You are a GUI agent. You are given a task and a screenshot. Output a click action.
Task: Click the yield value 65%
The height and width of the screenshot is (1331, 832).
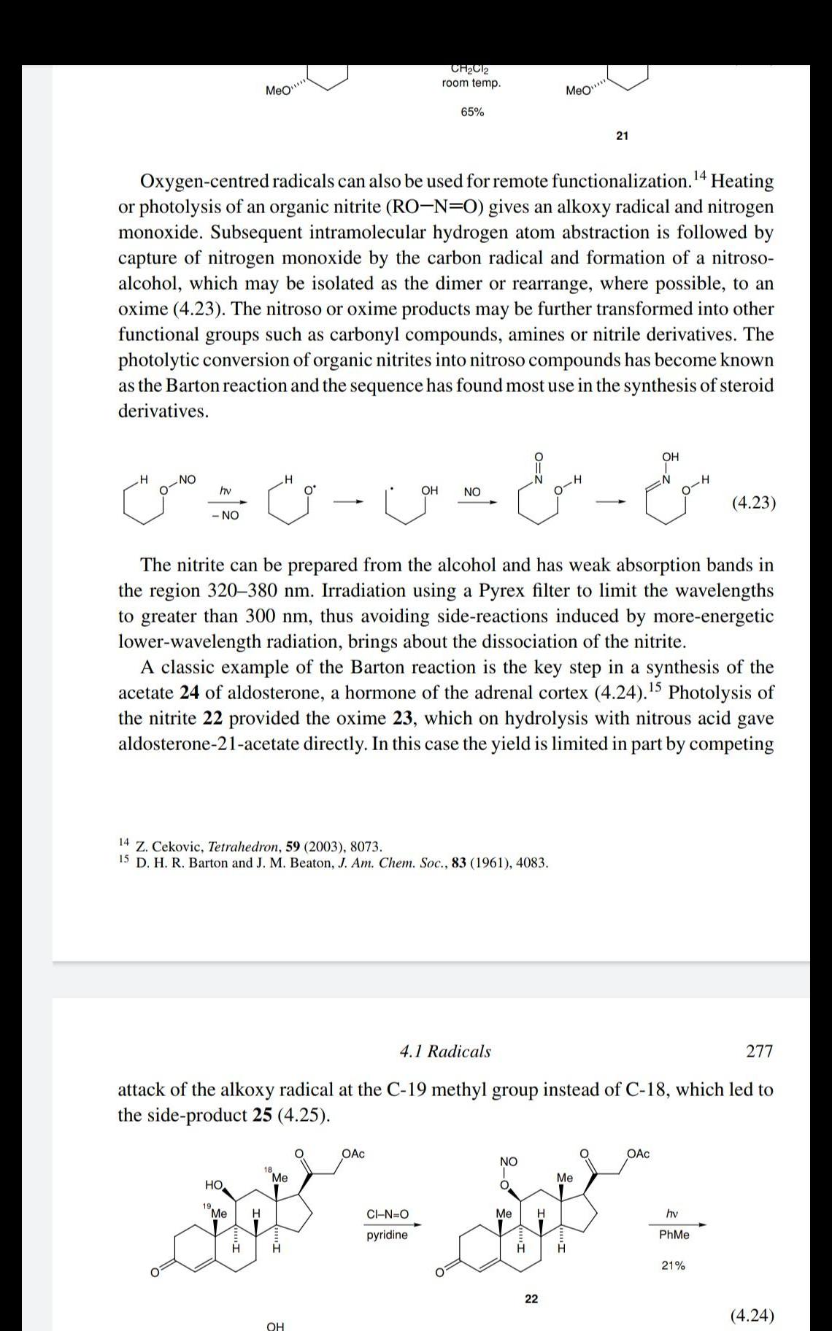pyautogui.click(x=471, y=112)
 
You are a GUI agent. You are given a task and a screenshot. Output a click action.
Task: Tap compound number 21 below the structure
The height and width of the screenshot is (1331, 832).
pyautogui.click(x=622, y=136)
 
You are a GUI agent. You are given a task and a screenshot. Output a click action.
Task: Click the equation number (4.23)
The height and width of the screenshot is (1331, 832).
pyautogui.click(x=752, y=503)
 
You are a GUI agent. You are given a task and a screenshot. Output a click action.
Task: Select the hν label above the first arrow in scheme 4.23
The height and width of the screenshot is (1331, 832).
pyautogui.click(x=226, y=491)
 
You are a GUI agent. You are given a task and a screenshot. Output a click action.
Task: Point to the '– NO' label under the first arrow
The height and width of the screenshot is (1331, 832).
pyautogui.click(x=225, y=515)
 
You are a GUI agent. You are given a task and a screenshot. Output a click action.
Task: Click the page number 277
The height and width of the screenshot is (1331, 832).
pyautogui.click(x=759, y=1051)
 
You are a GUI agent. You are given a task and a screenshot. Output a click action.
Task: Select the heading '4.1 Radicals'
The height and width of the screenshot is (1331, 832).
pyautogui.click(x=445, y=1051)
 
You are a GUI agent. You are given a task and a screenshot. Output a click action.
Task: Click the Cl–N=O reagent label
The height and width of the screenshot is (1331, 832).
pyautogui.click(x=388, y=1214)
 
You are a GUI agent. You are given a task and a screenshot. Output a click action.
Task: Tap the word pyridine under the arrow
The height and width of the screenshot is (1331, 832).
pyautogui.click(x=387, y=1235)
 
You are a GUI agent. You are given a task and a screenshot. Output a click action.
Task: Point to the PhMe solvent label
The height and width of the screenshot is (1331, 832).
pyautogui.click(x=674, y=1235)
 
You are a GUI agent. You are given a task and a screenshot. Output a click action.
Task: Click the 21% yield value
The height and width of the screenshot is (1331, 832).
pyautogui.click(x=673, y=1265)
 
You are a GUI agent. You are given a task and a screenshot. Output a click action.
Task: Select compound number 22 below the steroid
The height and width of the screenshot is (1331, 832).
pyautogui.click(x=531, y=1298)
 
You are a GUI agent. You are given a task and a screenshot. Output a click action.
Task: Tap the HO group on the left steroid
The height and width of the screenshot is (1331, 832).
pyautogui.click(x=214, y=1183)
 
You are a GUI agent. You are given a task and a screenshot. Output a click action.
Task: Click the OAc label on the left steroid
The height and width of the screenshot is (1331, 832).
pyautogui.click(x=353, y=1154)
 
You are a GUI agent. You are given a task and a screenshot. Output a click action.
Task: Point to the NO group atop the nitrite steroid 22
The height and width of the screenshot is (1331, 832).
pyautogui.click(x=509, y=1161)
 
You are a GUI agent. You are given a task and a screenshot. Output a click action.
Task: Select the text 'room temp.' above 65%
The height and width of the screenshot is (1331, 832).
pyautogui.click(x=471, y=83)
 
